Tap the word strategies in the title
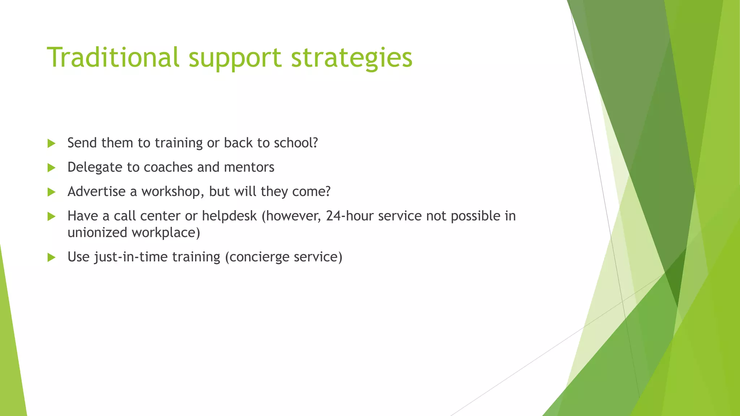351,57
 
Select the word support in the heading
235,57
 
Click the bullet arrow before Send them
51,143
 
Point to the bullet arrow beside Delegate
51,168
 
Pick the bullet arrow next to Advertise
51,192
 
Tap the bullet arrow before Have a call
51,216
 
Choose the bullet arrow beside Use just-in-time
51,257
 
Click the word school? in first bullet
296,143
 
